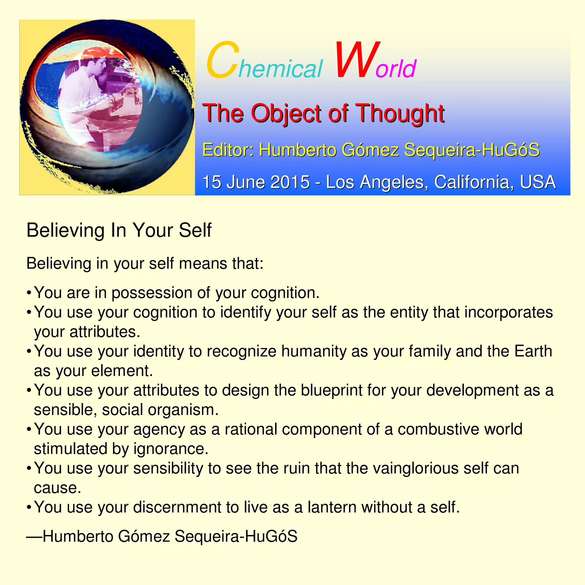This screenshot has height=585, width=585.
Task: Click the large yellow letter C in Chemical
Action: click(x=222, y=60)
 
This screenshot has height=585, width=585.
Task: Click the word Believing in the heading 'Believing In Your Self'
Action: click(x=65, y=231)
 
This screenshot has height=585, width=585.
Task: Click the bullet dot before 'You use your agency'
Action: click(x=29, y=429)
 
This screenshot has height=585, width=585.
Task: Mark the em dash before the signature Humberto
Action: click(x=34, y=536)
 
